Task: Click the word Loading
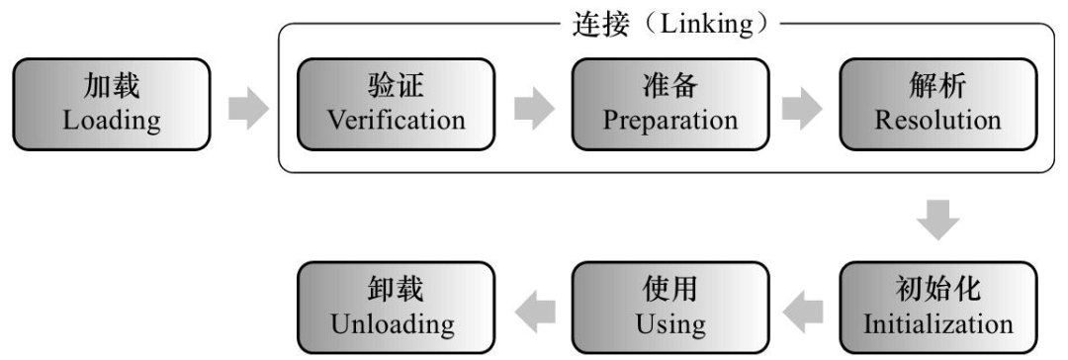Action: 111,122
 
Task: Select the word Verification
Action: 396,122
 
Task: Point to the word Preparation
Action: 670,122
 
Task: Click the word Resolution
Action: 937,122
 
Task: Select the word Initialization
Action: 937,324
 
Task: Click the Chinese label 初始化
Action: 937,292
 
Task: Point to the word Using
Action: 670,324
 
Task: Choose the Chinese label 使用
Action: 670,292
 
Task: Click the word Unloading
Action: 396,324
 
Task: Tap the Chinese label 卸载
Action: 396,292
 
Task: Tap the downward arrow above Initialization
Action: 937,221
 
